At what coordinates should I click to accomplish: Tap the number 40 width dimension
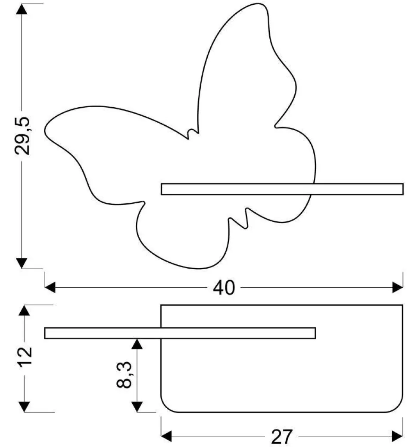(x=224, y=288)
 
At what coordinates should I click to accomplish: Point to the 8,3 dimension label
(x=125, y=375)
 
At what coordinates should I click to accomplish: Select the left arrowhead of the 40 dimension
(x=50, y=288)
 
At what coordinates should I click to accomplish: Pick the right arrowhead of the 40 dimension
(x=398, y=288)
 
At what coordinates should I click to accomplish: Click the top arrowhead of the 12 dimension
(x=25, y=310)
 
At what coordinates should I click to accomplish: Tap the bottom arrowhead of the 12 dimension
(x=25, y=406)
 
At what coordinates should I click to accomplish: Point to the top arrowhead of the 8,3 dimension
(x=137, y=344)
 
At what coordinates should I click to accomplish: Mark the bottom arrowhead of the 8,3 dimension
(x=137, y=406)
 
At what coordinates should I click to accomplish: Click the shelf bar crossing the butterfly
(x=282, y=189)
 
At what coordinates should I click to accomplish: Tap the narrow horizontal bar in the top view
(x=180, y=333)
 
